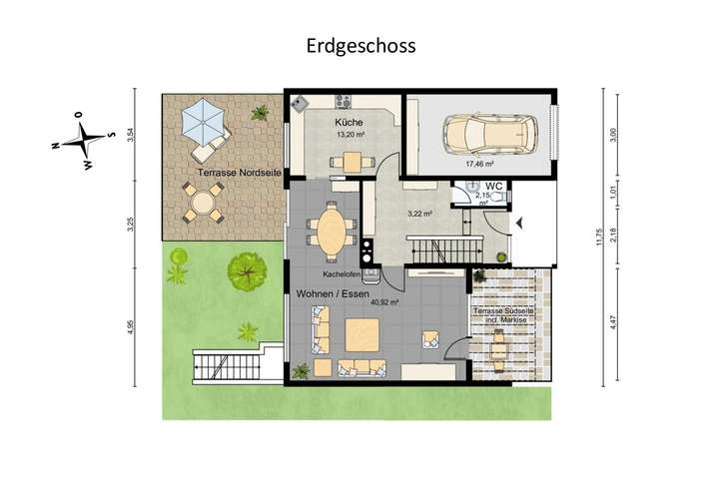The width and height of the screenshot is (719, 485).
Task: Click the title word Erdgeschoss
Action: click(359, 46)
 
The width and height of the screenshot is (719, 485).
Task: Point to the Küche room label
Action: click(350, 122)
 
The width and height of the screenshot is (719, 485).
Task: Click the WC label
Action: click(493, 187)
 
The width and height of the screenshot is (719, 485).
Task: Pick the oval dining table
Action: click(332, 229)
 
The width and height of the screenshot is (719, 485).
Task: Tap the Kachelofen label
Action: click(342, 274)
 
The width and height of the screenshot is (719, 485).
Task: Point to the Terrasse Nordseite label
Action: click(239, 174)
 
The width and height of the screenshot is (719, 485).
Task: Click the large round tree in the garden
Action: click(244, 268)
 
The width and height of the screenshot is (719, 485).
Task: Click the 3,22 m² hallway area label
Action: click(420, 214)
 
